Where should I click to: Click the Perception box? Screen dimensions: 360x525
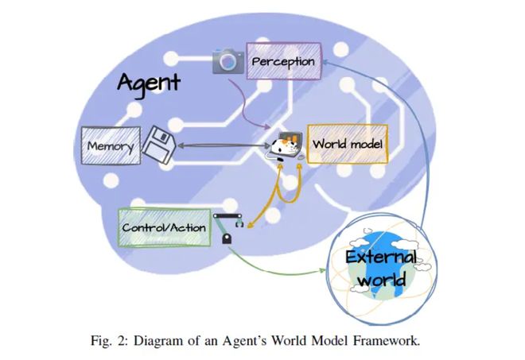[282, 61]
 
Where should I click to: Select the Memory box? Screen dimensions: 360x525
[109, 146]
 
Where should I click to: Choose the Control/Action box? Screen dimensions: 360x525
[164, 227]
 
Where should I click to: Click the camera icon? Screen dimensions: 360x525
[228, 61]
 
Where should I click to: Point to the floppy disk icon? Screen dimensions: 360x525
[159, 147]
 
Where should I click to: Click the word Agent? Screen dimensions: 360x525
[150, 82]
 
